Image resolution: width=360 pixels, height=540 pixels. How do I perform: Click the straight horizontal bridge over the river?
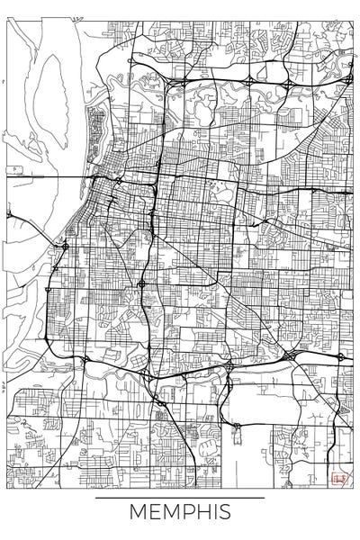[45, 177]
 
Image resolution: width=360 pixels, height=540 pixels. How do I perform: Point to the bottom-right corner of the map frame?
[352, 487]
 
